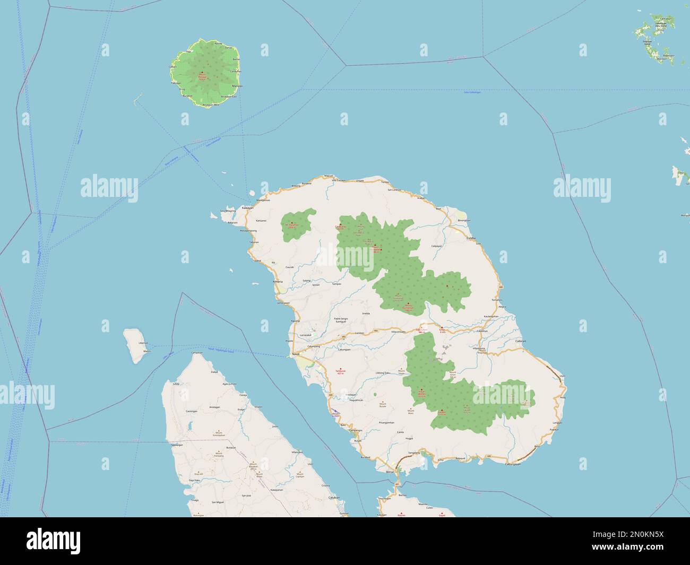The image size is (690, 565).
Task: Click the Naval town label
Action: pos(296,353)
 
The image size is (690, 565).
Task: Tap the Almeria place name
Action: pos(278,281)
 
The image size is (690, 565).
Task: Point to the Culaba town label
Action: pos(471,239)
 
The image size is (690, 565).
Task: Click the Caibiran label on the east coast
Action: pos(520,342)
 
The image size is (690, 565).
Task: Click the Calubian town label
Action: pos(333,498)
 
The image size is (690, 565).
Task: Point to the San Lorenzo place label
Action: pos(395,189)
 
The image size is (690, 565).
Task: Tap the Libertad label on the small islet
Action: pos(143,343)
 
